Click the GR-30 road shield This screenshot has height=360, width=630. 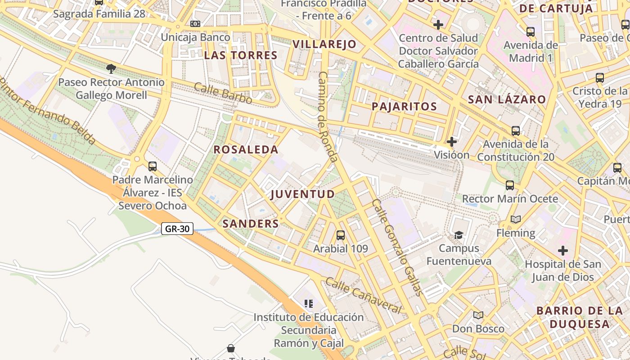[x=177, y=229]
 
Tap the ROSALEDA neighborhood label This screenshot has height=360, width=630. [x=246, y=150]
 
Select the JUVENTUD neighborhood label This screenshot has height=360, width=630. [x=302, y=194]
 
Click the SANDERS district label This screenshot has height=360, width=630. [x=251, y=224]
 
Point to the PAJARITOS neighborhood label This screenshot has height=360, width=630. [x=404, y=107]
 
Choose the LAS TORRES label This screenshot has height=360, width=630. [x=240, y=55]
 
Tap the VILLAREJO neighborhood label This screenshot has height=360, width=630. [x=324, y=44]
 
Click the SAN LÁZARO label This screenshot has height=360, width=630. [x=507, y=99]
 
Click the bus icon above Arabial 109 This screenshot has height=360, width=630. [x=341, y=235]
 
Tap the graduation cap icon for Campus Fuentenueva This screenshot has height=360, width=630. [x=459, y=235]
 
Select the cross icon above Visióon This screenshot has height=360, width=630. [x=451, y=142]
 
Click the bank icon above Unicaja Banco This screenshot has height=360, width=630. [x=195, y=23]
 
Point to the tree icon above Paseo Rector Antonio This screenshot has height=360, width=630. [x=111, y=68]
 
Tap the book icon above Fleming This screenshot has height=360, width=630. [x=516, y=220]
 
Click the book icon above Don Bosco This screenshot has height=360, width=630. [x=478, y=315]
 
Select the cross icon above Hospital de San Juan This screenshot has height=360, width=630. [x=562, y=250]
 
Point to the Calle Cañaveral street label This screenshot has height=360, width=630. [x=363, y=295]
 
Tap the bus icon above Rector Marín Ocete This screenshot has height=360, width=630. [x=509, y=185]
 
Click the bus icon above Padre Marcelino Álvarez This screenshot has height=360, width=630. [x=153, y=166]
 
